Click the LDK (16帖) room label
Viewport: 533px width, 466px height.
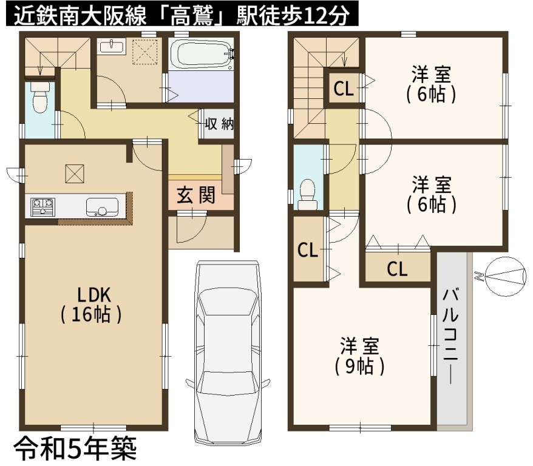[91, 305]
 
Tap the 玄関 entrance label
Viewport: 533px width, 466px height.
[196, 195]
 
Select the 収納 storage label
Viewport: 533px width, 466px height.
[219, 124]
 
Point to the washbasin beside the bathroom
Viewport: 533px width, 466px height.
[112, 46]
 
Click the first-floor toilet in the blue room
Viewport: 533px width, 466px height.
[40, 97]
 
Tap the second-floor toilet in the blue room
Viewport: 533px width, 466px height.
[308, 194]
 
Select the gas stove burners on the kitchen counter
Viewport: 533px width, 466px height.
[42, 207]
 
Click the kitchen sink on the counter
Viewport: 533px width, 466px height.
[102, 207]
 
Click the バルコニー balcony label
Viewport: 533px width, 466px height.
[450, 336]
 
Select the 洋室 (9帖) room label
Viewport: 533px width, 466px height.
[359, 356]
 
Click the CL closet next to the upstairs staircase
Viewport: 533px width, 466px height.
[344, 89]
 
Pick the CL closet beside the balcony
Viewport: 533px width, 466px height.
[397, 269]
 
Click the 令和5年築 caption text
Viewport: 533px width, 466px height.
[75, 448]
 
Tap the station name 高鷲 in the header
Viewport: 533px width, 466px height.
[191, 15]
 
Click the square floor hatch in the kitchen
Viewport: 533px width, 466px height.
[75, 174]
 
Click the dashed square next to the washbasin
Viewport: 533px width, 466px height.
[145, 52]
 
